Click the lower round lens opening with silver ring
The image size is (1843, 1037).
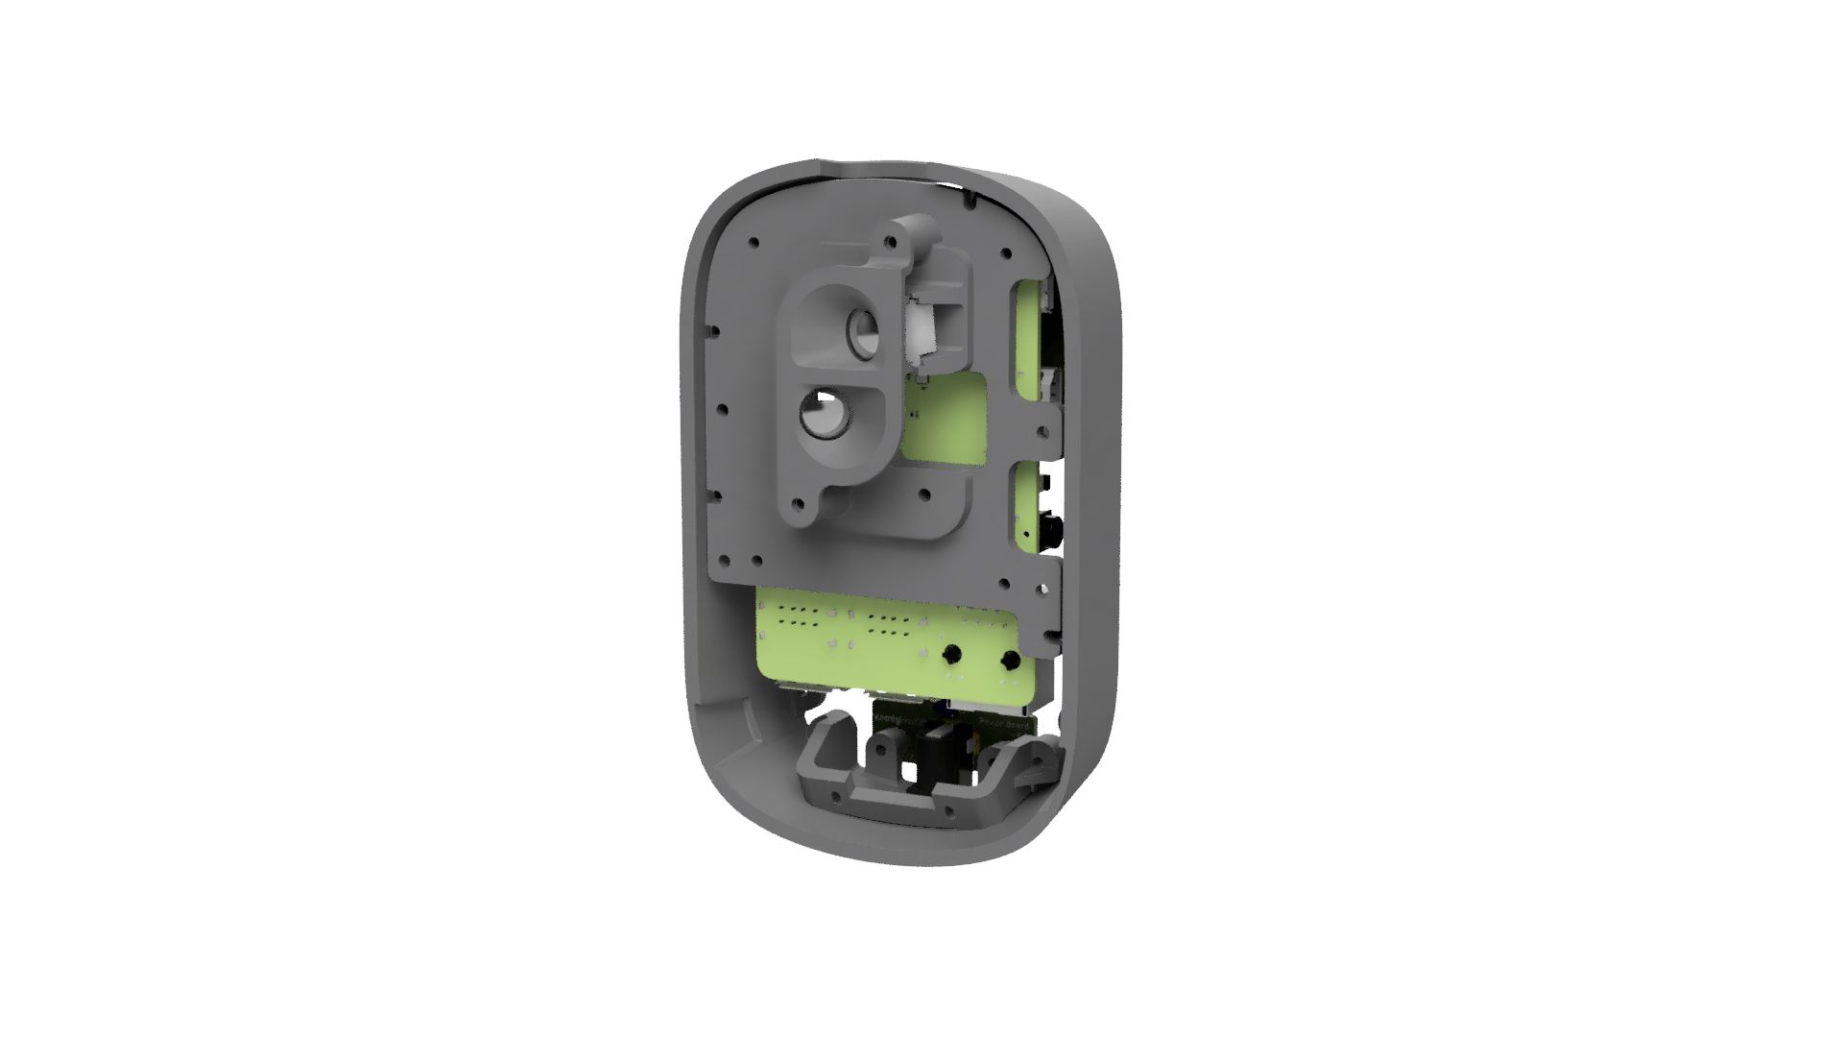point(823,416)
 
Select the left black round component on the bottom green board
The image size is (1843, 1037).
point(951,655)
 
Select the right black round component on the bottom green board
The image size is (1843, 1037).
point(1010,661)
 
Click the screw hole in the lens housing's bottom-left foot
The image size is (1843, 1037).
point(796,502)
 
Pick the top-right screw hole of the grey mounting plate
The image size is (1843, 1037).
point(1007,254)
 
